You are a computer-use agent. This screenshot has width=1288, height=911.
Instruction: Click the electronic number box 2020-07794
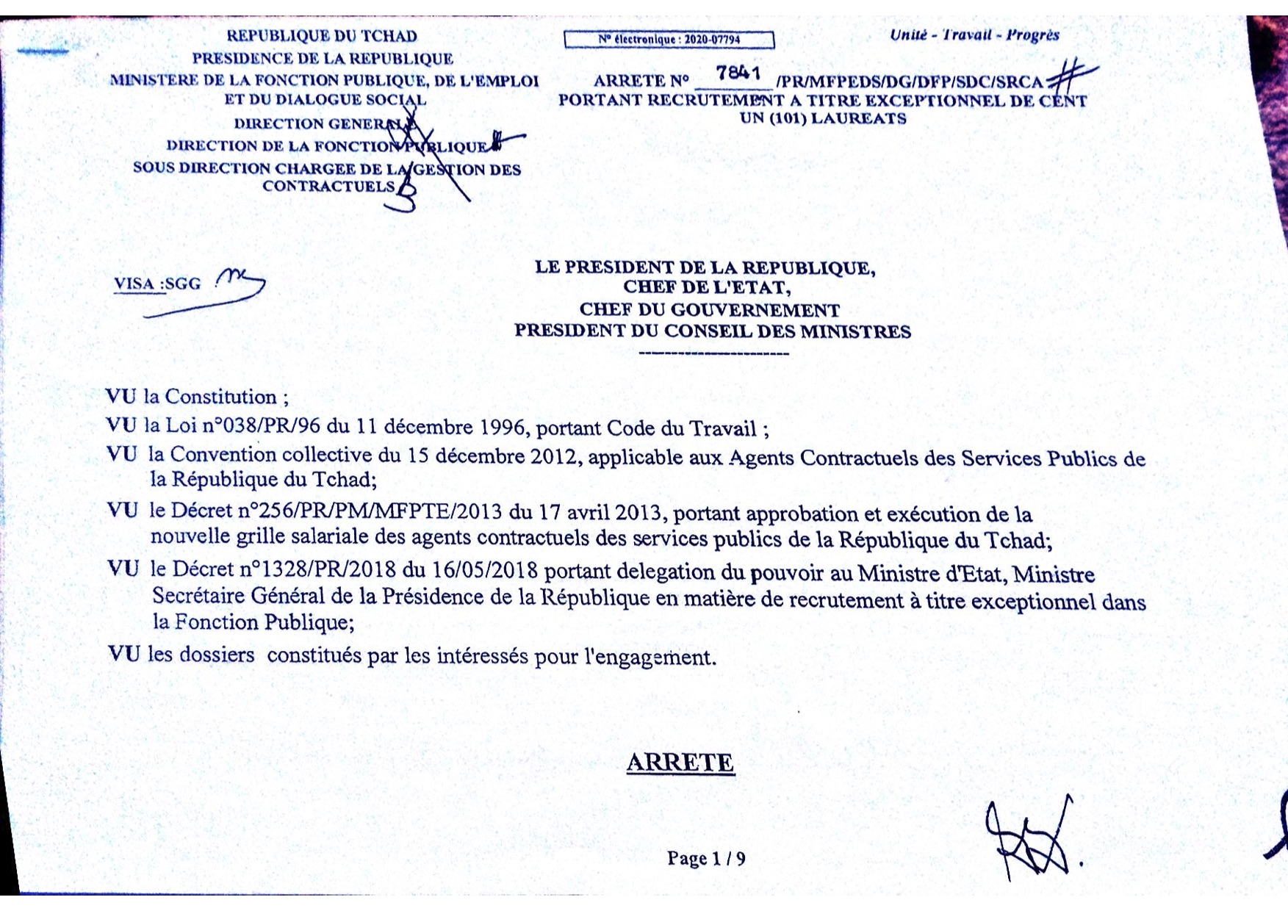[669, 40]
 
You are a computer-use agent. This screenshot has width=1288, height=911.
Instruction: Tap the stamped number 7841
[738, 73]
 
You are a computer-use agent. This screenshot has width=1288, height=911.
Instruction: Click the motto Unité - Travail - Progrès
[974, 35]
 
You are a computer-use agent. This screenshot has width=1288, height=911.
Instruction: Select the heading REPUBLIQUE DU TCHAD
[322, 36]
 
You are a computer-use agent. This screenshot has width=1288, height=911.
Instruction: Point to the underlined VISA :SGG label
[157, 284]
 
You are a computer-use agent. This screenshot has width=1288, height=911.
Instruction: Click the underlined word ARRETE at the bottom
[680, 763]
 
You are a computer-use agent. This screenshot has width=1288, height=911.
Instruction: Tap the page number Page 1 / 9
[706, 858]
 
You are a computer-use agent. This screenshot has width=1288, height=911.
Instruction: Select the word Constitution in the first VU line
[220, 397]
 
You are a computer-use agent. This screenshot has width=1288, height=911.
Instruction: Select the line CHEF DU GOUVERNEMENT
[709, 310]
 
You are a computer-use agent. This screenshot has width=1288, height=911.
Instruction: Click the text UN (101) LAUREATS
[823, 119]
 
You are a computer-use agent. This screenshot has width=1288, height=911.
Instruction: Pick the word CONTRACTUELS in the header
[328, 187]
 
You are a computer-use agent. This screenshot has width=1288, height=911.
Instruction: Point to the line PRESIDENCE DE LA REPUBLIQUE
[323, 59]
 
